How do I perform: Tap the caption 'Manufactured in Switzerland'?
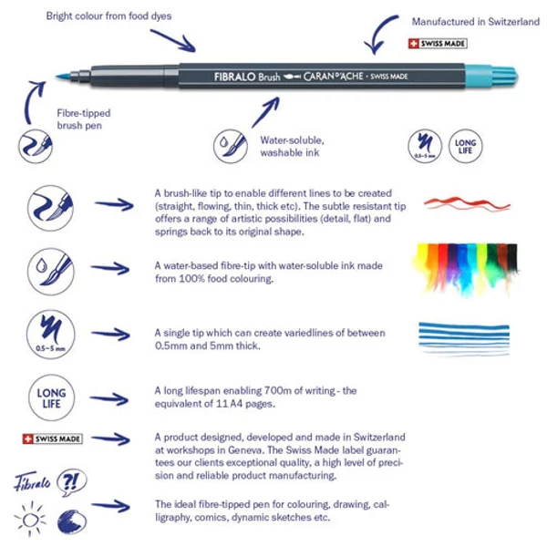(x=475, y=21)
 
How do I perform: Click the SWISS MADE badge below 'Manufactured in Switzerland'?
(x=439, y=44)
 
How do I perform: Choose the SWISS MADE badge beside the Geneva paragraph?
(x=51, y=439)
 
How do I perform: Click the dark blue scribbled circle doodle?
(x=72, y=521)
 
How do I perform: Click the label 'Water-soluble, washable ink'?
(x=292, y=147)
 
